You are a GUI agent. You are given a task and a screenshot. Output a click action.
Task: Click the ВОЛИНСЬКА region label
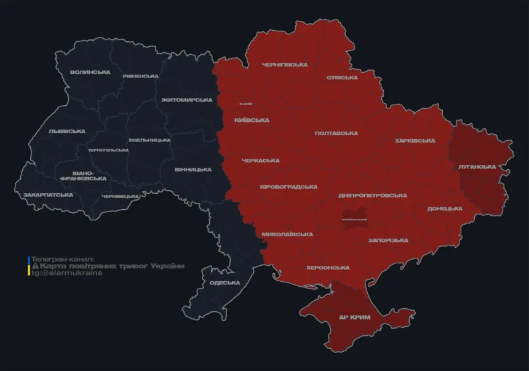pyautogui.click(x=90, y=72)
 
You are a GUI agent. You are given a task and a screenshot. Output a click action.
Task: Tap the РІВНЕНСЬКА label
pyautogui.click(x=140, y=76)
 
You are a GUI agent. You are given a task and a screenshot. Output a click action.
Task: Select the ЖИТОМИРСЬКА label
pyautogui.click(x=186, y=100)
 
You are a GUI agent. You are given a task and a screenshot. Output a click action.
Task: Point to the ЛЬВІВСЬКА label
pyautogui.click(x=66, y=131)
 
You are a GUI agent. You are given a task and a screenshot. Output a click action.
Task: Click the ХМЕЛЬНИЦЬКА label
pyautogui.click(x=149, y=140)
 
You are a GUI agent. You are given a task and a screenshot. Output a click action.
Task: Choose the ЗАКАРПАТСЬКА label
pyautogui.click(x=48, y=195)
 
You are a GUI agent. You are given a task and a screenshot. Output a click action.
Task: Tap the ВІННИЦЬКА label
pyautogui.click(x=193, y=170)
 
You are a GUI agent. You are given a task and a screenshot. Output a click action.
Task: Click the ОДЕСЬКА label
pyautogui.click(x=225, y=282)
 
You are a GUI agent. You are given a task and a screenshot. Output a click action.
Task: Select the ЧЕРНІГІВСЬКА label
pyautogui.click(x=284, y=65)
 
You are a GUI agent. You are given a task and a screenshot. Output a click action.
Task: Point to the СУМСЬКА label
pyautogui.click(x=342, y=78)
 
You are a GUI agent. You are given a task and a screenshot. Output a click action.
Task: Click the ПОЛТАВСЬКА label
pyautogui.click(x=336, y=133)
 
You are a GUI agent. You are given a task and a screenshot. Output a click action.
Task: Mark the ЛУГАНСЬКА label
pyautogui.click(x=477, y=167)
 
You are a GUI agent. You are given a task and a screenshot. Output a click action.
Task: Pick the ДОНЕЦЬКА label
pyautogui.click(x=445, y=209)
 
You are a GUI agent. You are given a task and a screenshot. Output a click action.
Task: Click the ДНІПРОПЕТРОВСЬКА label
pyautogui.click(x=372, y=196)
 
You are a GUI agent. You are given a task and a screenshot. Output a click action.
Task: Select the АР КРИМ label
pyautogui.click(x=355, y=317)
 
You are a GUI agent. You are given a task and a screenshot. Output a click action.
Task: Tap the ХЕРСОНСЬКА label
pyautogui.click(x=328, y=268)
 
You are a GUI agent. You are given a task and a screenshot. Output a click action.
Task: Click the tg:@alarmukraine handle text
pyautogui.click(x=67, y=273)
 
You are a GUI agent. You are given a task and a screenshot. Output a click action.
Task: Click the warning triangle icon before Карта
pyautogui.click(x=35, y=266)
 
